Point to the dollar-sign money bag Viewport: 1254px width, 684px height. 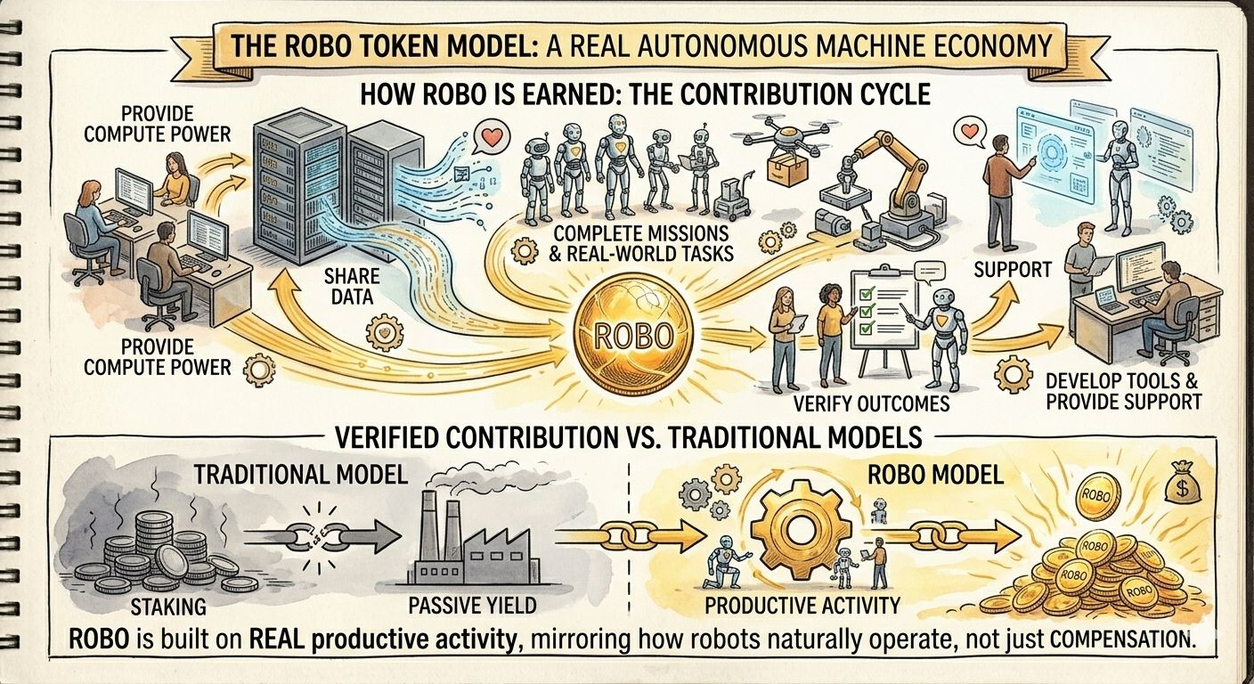point(1183,482)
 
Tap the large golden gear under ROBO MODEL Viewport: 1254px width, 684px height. point(794,534)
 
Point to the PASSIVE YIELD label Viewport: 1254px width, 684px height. point(472,607)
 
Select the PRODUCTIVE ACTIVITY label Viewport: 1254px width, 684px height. point(802,607)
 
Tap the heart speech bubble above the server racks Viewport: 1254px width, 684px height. point(488,139)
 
